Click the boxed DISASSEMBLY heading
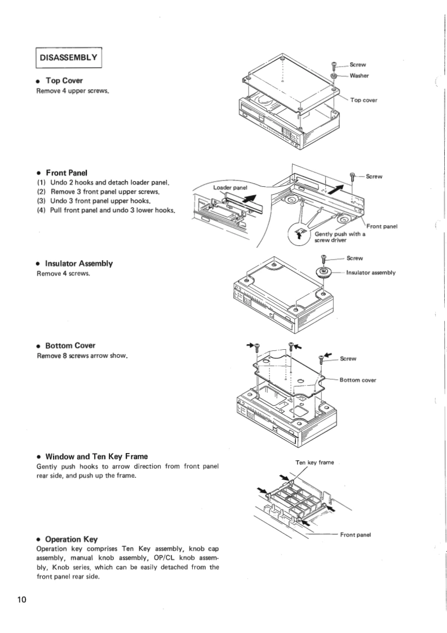[x=69, y=57]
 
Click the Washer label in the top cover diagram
[x=359, y=75]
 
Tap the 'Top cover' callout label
[x=364, y=100]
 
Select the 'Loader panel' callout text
[x=231, y=187]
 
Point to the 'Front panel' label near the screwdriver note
[x=382, y=226]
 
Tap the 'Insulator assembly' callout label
[x=371, y=272]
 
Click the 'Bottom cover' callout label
[x=357, y=380]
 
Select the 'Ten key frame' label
[x=315, y=463]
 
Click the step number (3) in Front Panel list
[x=41, y=201]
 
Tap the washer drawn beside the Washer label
[x=334, y=75]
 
